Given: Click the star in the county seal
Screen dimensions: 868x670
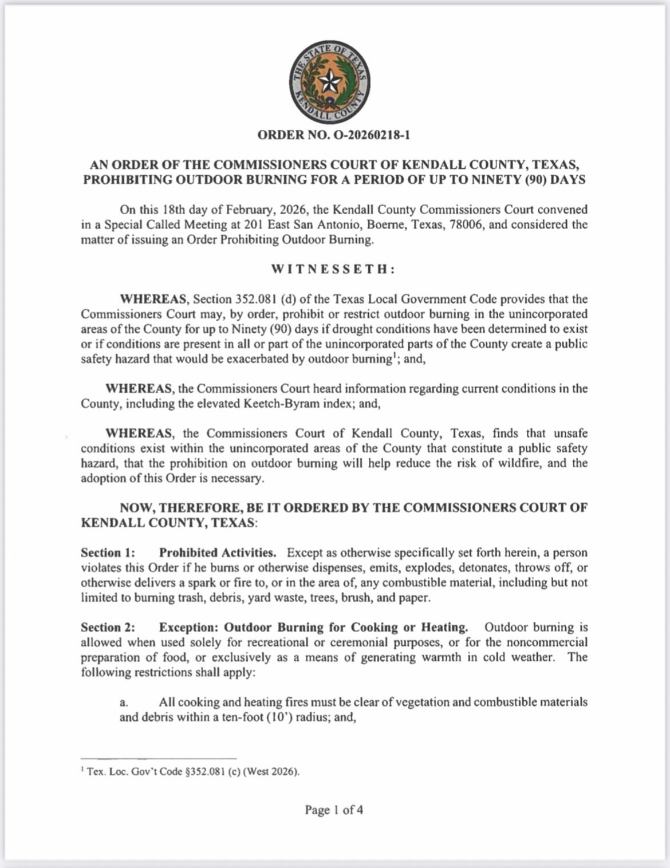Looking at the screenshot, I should pyautogui.click(x=329, y=82).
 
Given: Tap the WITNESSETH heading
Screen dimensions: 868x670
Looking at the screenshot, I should pyautogui.click(x=333, y=269).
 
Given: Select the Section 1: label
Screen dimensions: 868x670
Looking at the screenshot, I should pyautogui.click(x=108, y=553).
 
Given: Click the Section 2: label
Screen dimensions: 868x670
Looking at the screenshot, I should pyautogui.click(x=108, y=628).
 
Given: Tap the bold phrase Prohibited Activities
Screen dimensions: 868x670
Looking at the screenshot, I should pyautogui.click(x=218, y=553).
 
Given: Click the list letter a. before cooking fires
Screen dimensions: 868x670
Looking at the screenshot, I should pyautogui.click(x=124, y=703).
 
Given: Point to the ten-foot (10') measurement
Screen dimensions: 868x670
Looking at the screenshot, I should pyautogui.click(x=257, y=717).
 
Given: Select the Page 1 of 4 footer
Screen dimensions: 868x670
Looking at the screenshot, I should pyautogui.click(x=333, y=810).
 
